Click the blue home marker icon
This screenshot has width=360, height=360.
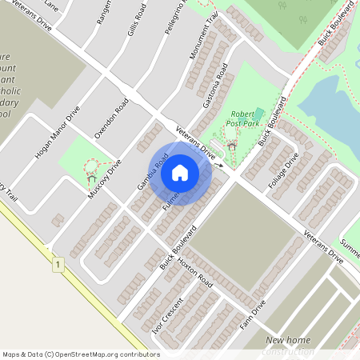pyautogui.click(x=180, y=173)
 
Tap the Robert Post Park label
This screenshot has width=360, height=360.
pyautogui.click(x=245, y=119)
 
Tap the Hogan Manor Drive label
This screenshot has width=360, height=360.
pyautogui.click(x=58, y=132)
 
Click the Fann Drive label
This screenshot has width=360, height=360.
pyautogui.click(x=253, y=317)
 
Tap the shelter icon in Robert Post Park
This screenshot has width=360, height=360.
pyautogui.click(x=232, y=146)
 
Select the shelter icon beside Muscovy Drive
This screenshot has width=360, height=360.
pyautogui.click(x=90, y=178)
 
